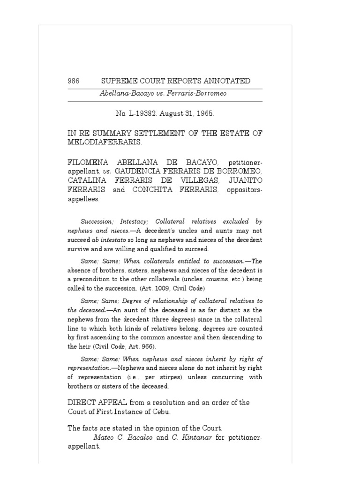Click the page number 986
[74, 81]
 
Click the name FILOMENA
[90, 162]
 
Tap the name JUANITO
[246, 180]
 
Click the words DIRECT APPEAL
[96, 403]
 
